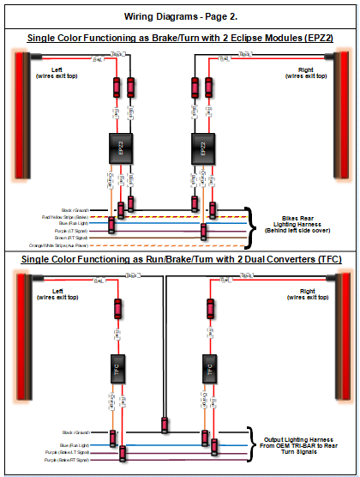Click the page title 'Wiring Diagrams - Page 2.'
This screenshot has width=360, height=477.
pyautogui.click(x=180, y=16)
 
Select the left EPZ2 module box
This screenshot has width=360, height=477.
pyautogui.click(x=122, y=148)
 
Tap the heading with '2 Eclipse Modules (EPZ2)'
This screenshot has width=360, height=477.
pyautogui.click(x=180, y=39)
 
